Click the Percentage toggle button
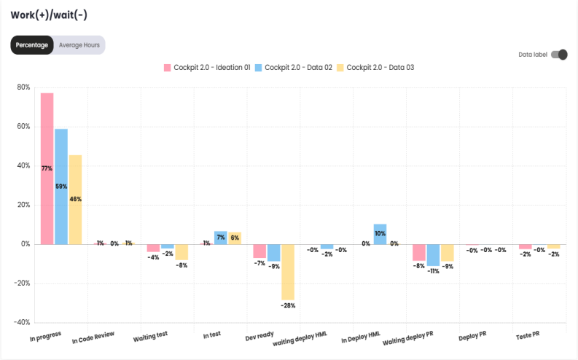coord(32,45)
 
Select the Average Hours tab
coord(79,45)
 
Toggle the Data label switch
coord(559,55)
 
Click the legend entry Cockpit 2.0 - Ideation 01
coord(207,68)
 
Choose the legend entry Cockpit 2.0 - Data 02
coord(293,68)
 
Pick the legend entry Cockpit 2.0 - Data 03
coord(375,68)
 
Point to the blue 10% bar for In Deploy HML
coord(380,234)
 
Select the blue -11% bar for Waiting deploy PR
coord(433,255)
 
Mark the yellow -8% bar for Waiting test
coord(181,252)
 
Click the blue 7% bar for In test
coord(221,238)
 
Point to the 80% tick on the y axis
coord(23,87)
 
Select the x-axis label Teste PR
coord(527,335)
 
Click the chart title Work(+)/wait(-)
coord(49,15)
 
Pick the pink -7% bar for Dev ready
coord(259,251)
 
